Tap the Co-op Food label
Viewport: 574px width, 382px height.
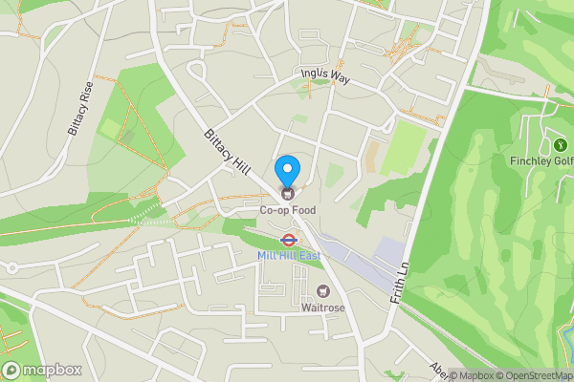pos(288,208)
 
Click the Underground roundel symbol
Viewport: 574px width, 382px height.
pos(287,241)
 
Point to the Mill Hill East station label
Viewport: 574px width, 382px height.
pos(288,256)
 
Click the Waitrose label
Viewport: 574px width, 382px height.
pos(322,308)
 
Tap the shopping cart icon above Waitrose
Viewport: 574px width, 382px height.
pos(322,291)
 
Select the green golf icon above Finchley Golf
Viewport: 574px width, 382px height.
pos(560,145)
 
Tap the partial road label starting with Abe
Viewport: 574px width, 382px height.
pos(435,369)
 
